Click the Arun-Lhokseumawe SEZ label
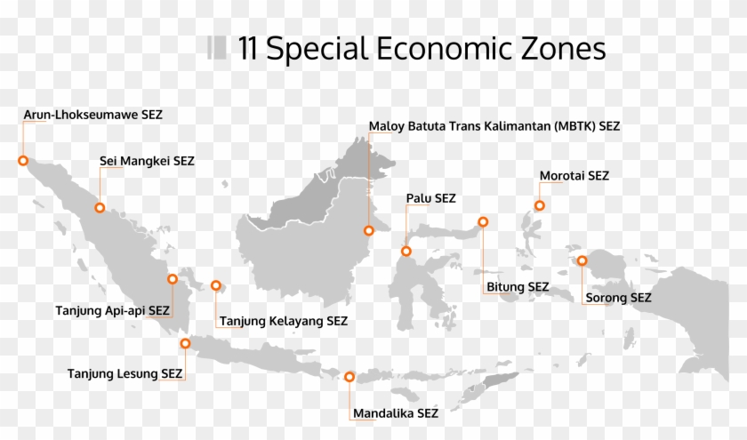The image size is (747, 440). coord(93,115)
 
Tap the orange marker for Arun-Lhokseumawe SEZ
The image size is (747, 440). coord(23,161)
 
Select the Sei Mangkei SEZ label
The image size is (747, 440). coord(147,161)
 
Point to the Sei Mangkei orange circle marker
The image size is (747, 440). coord(100,207)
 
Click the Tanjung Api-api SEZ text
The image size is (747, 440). coord(112,310)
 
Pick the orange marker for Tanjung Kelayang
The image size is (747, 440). coord(216,285)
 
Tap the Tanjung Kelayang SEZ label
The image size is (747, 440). coord(283,321)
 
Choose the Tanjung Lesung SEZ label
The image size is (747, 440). coord(125,373)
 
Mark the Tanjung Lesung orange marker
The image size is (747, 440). coord(185,343)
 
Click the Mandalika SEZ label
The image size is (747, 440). coord(395,413)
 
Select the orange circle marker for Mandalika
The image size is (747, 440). coord(349,377)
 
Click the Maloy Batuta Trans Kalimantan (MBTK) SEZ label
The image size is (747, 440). coord(494,126)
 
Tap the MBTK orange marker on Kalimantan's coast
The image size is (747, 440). coord(369,230)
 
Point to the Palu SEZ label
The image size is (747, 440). coord(430,197)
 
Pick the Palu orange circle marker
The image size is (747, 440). coord(406,251)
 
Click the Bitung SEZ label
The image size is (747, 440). coord(518,286)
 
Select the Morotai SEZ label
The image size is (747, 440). coord(574,176)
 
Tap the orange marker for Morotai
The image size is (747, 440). coord(539,205)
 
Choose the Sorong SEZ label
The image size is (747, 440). coord(617,297)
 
